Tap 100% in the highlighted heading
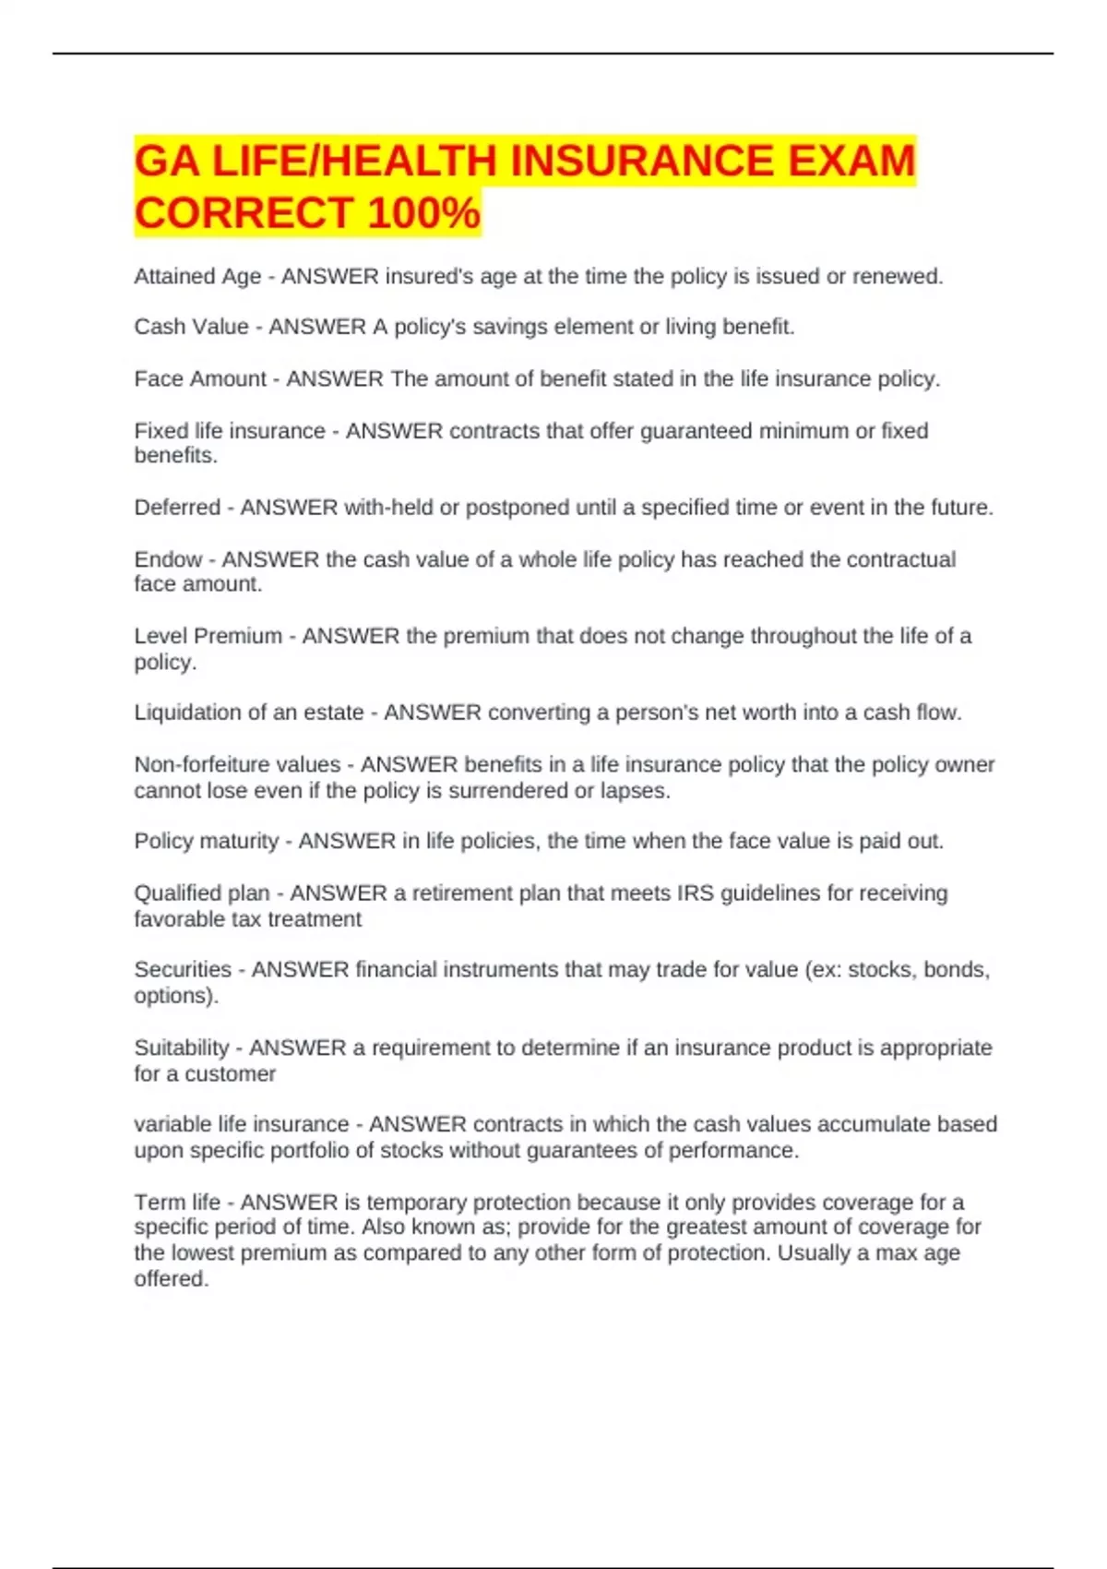(x=423, y=212)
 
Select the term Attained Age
(x=197, y=276)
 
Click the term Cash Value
(x=191, y=327)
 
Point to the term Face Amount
(x=200, y=378)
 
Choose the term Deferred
(x=177, y=507)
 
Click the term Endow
(x=168, y=559)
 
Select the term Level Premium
(x=208, y=636)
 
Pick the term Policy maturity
(x=206, y=841)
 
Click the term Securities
(x=183, y=969)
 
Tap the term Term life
(x=177, y=1202)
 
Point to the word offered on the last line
(x=171, y=1278)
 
